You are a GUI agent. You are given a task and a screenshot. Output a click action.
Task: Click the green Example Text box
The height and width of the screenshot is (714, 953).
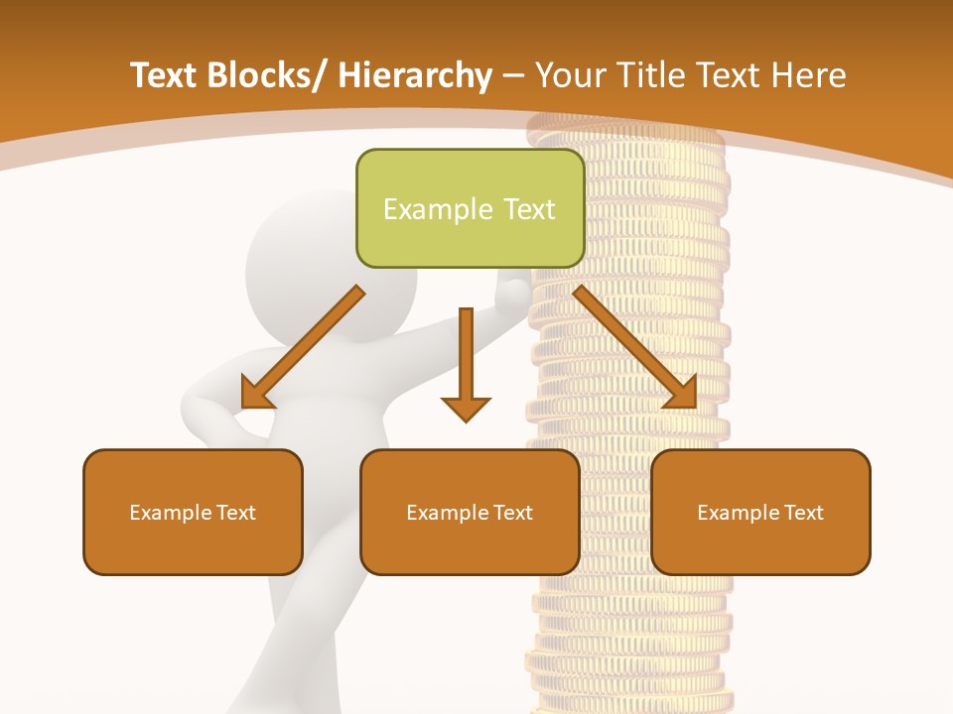470,208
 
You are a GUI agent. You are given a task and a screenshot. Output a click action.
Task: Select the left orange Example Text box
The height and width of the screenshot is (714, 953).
193,512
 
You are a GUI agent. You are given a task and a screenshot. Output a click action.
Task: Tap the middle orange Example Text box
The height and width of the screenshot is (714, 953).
470,512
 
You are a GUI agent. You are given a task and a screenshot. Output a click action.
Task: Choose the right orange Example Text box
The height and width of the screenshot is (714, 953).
760,512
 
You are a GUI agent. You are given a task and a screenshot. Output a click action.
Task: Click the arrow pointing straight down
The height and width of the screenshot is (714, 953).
466,362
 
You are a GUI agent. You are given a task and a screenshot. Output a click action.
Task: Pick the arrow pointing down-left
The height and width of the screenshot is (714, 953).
303,347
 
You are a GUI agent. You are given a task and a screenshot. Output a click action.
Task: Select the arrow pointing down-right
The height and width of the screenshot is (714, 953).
635,347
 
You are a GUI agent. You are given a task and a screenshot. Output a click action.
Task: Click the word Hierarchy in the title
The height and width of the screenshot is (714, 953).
415,75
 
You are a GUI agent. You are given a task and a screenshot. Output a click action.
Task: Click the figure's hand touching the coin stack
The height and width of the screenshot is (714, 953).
513,293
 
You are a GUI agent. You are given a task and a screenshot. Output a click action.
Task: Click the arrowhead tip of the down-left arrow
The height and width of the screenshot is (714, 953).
243,407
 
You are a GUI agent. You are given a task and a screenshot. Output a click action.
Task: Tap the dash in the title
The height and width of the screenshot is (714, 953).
513,75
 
